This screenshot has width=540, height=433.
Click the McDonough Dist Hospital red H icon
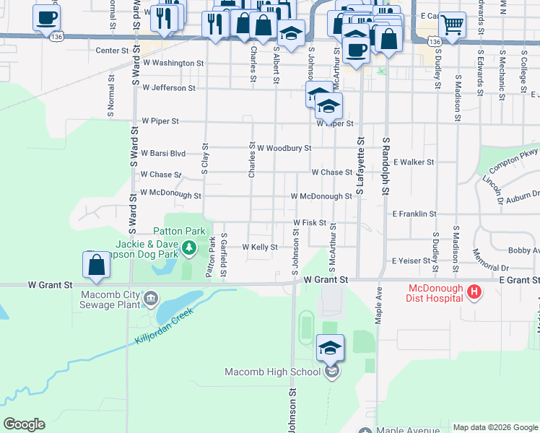point(474,292)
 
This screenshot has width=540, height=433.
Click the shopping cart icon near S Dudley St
point(452,25)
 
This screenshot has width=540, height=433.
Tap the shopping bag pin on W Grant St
point(96,266)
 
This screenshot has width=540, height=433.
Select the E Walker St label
point(414,162)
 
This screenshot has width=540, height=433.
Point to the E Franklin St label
point(414,214)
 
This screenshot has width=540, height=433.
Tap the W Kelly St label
point(260,247)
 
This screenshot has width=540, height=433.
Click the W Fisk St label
point(310,223)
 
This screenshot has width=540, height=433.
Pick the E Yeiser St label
point(410,261)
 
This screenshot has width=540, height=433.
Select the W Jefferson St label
point(169,88)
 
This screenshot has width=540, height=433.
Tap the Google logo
point(24,424)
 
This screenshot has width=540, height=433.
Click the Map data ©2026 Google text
point(495,427)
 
